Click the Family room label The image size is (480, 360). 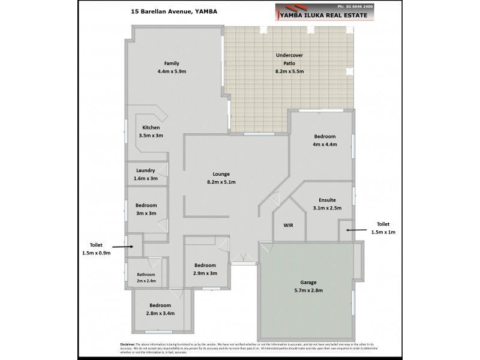click(x=172, y=64)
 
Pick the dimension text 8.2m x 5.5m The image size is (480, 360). click(x=289, y=71)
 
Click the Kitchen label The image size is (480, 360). click(x=151, y=128)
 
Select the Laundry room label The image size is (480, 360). click(x=146, y=170)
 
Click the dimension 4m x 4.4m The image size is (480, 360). click(x=325, y=145)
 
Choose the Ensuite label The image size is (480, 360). click(x=327, y=200)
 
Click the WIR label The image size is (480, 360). click(x=287, y=226)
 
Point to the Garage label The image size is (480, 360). click(x=308, y=282)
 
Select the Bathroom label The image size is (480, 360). click(x=146, y=274)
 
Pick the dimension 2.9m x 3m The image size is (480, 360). click(x=205, y=273)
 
